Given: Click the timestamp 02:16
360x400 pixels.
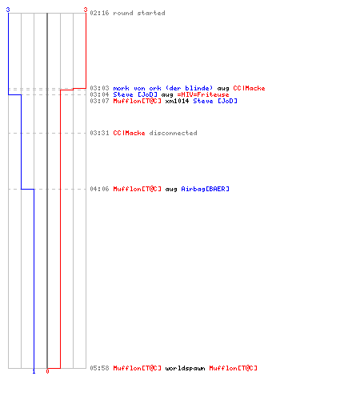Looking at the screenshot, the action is [99, 13].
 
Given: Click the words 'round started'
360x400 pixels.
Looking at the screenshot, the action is [139, 13].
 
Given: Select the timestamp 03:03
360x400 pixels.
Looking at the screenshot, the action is [99, 88].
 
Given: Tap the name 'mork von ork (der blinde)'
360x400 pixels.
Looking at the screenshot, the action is [163, 88].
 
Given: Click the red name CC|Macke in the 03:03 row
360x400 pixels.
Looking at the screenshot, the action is [249, 88].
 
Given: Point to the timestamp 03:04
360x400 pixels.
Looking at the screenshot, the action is [99, 94].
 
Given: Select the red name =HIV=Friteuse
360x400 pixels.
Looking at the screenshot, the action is [203, 94].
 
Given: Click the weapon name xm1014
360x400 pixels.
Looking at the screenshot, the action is [177, 101].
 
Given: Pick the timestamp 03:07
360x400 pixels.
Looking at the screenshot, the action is [99, 101].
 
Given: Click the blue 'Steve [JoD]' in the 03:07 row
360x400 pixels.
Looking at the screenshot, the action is [215, 101].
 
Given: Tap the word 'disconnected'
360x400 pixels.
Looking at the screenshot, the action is [173, 133].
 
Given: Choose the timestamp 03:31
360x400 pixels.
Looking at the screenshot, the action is [99, 133].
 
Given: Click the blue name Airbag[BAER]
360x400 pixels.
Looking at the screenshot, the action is [205, 189].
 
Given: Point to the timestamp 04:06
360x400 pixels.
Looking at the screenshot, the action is [99, 189].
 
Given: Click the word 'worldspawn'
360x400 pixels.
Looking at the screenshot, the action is [185, 368].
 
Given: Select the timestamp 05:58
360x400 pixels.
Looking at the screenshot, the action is [99, 368].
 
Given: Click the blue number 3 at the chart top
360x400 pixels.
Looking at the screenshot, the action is [8, 10].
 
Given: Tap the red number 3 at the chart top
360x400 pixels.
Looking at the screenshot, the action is [86, 10].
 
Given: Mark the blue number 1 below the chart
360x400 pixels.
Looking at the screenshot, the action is [34, 372].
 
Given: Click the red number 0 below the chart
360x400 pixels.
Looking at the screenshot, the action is [47, 371].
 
